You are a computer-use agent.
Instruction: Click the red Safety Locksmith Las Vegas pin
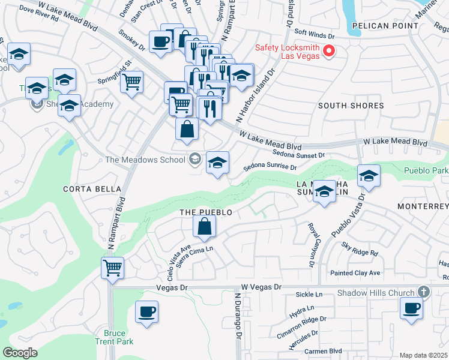pyautogui.click(x=329, y=52)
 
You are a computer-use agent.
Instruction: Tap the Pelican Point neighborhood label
pyautogui.click(x=385, y=26)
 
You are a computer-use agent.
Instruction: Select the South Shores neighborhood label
pyautogui.click(x=351, y=106)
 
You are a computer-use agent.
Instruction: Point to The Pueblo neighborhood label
pyautogui.click(x=205, y=212)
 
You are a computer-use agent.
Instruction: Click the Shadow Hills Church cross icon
pyautogui.click(x=424, y=292)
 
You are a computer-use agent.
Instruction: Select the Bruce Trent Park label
pyautogui.click(x=115, y=337)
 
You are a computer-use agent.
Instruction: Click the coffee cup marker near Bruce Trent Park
pyautogui.click(x=146, y=311)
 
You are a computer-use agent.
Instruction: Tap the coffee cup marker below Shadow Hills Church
pyautogui.click(x=412, y=308)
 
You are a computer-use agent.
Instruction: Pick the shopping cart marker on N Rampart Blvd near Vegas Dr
pyautogui.click(x=112, y=268)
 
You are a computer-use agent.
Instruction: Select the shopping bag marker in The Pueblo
pyautogui.click(x=204, y=226)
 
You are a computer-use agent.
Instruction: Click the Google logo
pyautogui.click(x=20, y=353)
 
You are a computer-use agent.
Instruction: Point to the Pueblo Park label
pyautogui.click(x=427, y=170)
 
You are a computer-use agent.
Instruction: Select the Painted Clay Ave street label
pyautogui.click(x=355, y=273)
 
